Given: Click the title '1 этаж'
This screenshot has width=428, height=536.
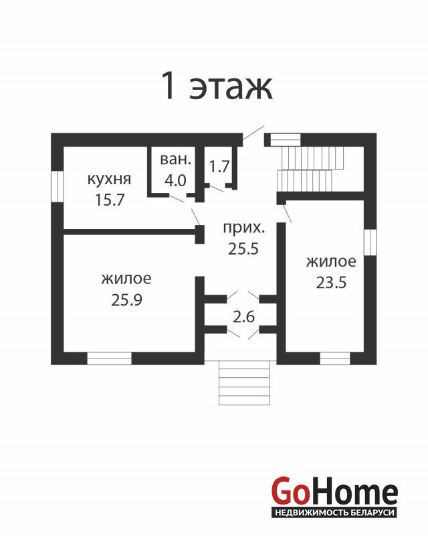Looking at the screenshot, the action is coord(217,85).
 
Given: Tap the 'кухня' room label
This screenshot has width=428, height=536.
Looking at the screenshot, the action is coord(109,180).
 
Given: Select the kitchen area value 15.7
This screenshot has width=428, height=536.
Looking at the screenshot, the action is coord(110,200).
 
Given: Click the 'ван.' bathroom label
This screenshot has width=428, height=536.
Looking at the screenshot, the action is coord(175,159).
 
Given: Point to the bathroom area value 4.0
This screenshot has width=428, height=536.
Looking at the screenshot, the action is coord(175,180).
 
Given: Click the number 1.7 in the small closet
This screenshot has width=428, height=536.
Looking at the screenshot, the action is coord(219,166).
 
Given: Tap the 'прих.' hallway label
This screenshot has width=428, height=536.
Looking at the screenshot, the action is coord(243,227).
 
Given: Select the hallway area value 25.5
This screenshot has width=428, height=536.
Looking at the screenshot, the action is coord(243,249).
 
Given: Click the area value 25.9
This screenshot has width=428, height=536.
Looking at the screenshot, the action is coord(126,299).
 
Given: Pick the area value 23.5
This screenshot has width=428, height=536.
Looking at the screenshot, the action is coord(331,282).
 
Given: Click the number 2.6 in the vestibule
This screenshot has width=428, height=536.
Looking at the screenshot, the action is coord(243,317).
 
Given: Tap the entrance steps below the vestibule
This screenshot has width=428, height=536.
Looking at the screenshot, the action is coord(243,383).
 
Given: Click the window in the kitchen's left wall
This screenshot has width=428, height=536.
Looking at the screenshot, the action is coord(58,186).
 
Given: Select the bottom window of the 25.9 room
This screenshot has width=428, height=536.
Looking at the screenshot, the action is coord(109,358).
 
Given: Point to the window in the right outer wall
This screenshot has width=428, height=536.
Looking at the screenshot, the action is coord(370,242).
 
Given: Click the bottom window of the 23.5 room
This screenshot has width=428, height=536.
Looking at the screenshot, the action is coord(335,358).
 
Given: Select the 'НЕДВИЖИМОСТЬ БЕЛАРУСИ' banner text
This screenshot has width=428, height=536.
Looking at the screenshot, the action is coord(334,513).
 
